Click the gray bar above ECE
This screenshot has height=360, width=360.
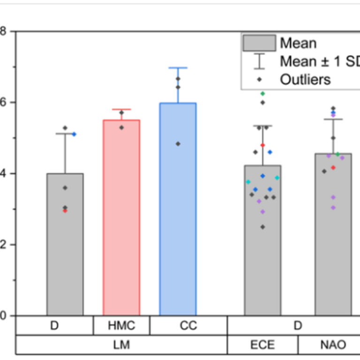[x=262, y=253]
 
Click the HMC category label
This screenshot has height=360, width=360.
[x=121, y=326]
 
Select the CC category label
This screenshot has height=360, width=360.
[x=188, y=326]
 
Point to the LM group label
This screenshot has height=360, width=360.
[x=121, y=345]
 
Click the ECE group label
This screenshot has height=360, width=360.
[x=262, y=345]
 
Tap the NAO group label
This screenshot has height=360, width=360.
[x=333, y=345]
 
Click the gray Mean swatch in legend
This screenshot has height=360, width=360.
[x=259, y=44]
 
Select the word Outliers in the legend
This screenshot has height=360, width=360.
[x=305, y=79]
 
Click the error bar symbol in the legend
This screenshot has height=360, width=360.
[x=259, y=61]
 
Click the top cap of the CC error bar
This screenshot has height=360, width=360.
[x=178, y=68]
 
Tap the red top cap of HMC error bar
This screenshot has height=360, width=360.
[x=121, y=109]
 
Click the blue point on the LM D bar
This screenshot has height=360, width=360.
[x=74, y=134]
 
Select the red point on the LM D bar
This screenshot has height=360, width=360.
[x=65, y=211]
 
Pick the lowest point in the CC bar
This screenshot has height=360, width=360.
[x=178, y=144]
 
